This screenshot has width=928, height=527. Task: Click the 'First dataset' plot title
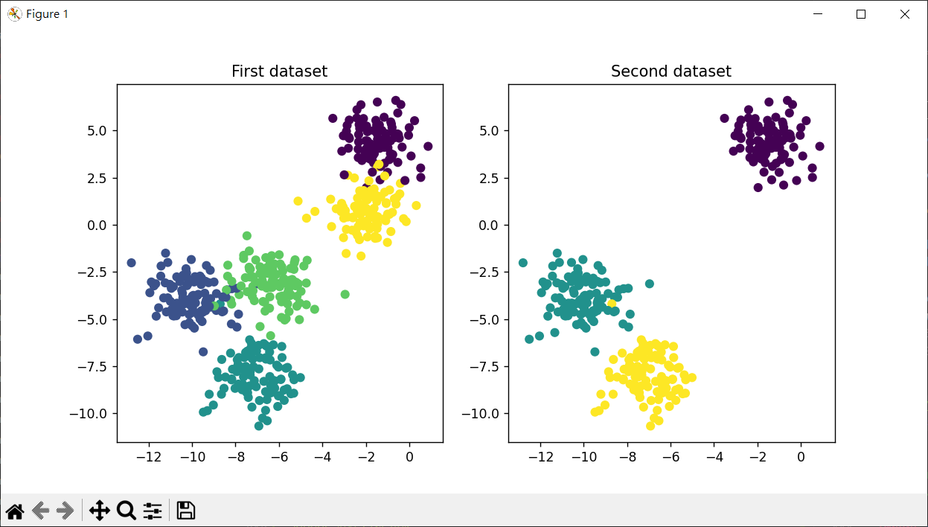click(x=279, y=71)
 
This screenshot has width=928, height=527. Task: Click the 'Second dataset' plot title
click(x=671, y=71)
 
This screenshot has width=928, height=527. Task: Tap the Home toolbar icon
click(x=15, y=511)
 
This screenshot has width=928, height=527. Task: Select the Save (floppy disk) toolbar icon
click(x=185, y=511)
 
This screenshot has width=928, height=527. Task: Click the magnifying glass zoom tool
click(x=126, y=511)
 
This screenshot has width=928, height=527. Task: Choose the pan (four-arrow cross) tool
click(x=99, y=511)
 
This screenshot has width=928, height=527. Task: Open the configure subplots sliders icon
click(x=153, y=511)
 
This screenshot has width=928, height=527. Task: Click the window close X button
click(x=905, y=14)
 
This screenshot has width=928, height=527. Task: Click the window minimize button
click(x=817, y=14)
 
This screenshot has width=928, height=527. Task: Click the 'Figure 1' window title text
click(x=48, y=14)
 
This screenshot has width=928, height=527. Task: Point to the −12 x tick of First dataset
click(x=148, y=456)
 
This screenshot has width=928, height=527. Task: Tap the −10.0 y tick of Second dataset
click(x=484, y=414)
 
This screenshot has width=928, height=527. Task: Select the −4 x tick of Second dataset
click(x=714, y=456)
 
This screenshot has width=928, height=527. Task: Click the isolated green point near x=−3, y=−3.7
click(x=345, y=294)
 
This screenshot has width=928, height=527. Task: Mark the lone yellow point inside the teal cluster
click(x=612, y=303)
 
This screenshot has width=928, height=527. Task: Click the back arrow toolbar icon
click(x=42, y=511)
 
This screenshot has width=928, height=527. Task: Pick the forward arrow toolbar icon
click(x=65, y=511)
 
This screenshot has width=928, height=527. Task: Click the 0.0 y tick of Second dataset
click(x=490, y=225)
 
